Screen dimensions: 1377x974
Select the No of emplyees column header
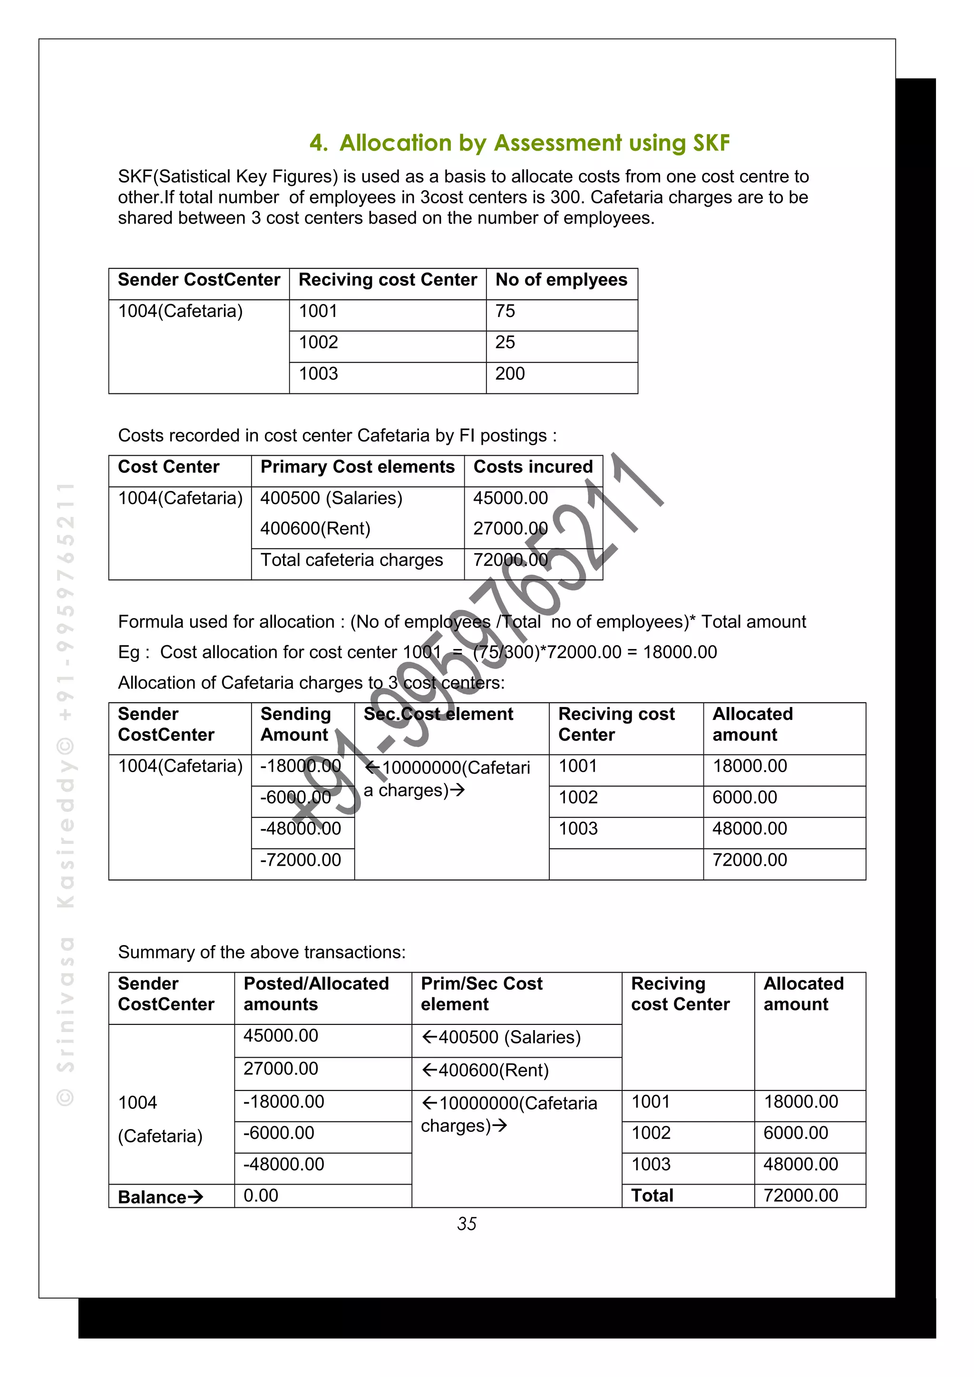pyautogui.click(x=561, y=280)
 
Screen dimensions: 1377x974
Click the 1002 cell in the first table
pyautogui.click(x=319, y=343)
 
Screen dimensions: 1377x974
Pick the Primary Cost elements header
pyautogui.click(x=357, y=467)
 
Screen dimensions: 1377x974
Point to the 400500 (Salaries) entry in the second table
pyautogui.click(x=331, y=498)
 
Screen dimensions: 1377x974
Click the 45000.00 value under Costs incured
pyautogui.click(x=510, y=498)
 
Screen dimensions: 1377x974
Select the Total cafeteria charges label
pyautogui.click(x=351, y=560)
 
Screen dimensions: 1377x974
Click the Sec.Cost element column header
pyautogui.click(x=438, y=714)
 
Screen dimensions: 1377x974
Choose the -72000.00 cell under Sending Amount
pyautogui.click(x=300, y=860)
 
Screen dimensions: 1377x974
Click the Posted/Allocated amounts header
pyautogui.click(x=316, y=994)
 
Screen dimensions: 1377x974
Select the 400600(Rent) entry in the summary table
pyautogui.click(x=485, y=1071)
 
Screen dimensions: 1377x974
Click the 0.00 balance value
pyautogui.click(x=261, y=1196)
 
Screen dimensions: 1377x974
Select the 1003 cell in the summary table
pyautogui.click(x=651, y=1165)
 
